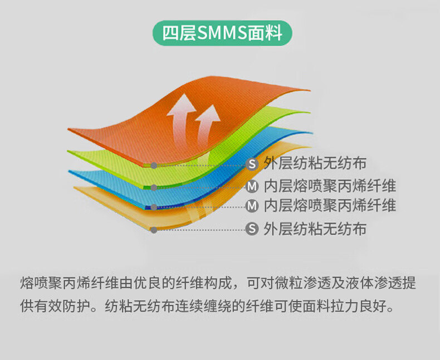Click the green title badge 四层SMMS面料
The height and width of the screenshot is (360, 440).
tap(222, 33)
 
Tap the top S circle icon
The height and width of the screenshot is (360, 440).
tap(252, 164)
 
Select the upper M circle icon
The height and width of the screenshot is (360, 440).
tap(252, 187)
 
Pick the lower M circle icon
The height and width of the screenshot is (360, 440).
tap(252, 206)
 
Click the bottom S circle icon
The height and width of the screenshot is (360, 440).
tap(252, 229)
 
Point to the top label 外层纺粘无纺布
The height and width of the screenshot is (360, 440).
tap(315, 163)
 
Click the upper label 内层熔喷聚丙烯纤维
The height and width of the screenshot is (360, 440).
tap(330, 186)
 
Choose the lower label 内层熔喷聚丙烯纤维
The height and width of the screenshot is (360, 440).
tap(330, 206)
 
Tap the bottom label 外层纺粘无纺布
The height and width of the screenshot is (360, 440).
tap(315, 228)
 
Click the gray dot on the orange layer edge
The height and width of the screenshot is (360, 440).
tap(154, 166)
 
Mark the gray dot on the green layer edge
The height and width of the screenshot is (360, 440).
tap(154, 188)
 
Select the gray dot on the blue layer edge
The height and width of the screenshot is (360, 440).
tap(154, 207)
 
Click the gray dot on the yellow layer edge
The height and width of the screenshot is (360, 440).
tap(154, 230)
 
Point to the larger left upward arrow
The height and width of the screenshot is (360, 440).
tap(179, 118)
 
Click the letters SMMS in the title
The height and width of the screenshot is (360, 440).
tap(222, 33)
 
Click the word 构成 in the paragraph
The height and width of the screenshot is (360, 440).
tap(219, 283)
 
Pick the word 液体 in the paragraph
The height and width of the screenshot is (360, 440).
tap(359, 283)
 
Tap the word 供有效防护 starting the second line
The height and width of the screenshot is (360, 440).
tap(55, 306)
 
